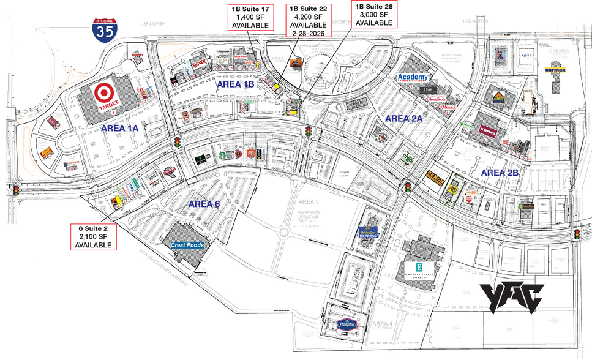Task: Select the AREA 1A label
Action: [x=120, y=128]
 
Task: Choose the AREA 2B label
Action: [x=500, y=173]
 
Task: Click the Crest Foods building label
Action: [x=187, y=245]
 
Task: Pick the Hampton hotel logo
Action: [x=347, y=325]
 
